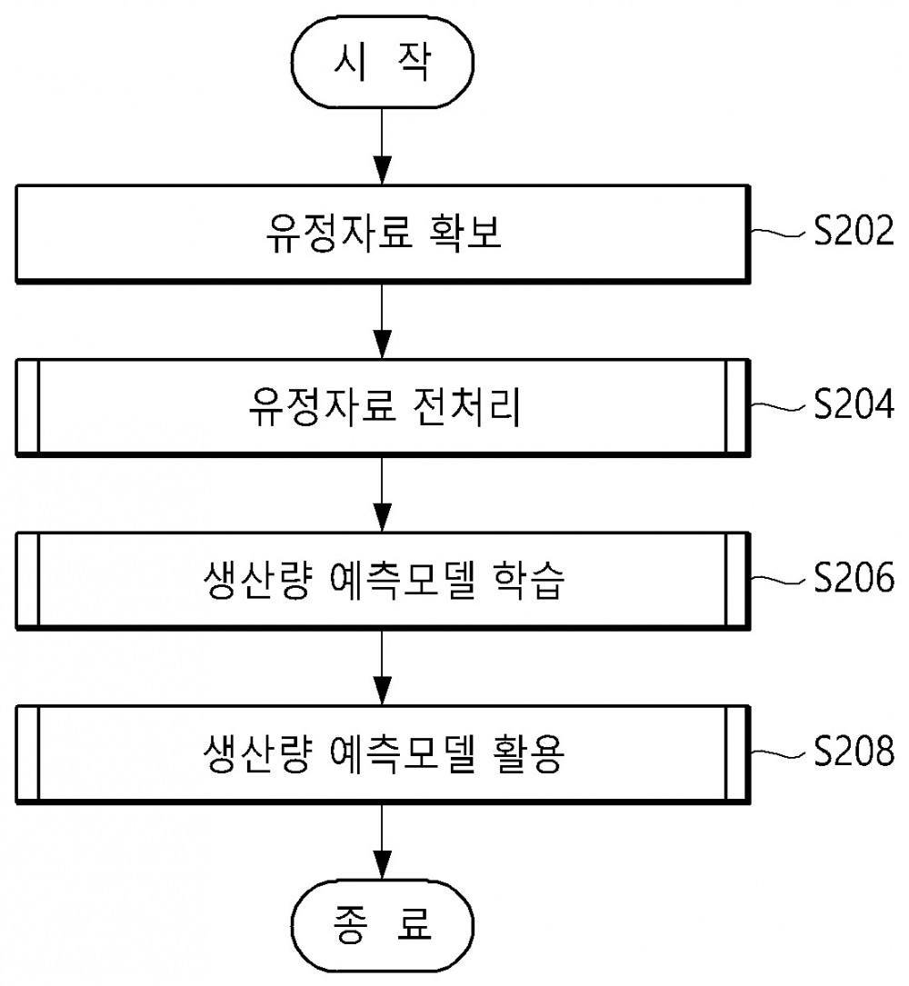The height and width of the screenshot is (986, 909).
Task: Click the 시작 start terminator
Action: click(382, 63)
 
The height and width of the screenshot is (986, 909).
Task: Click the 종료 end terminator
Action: click(382, 925)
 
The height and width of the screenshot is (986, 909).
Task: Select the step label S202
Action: click(853, 231)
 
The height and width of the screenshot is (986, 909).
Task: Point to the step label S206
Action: click(853, 577)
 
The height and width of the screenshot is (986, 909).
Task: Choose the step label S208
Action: click(853, 751)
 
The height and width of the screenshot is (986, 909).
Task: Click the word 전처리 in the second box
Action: click(466, 406)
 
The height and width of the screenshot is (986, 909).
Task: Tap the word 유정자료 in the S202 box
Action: click(338, 233)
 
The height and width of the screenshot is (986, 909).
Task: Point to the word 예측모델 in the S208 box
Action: click(402, 753)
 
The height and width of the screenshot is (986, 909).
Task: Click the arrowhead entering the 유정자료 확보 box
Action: click(382, 170)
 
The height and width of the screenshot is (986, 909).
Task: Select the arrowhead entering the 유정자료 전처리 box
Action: click(382, 344)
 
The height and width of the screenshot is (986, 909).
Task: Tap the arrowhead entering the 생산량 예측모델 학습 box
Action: click(382, 517)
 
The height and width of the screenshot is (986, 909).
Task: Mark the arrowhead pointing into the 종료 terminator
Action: click(382, 864)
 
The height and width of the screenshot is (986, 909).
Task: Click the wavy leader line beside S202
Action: click(778, 234)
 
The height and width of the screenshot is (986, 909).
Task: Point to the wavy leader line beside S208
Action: click(778, 753)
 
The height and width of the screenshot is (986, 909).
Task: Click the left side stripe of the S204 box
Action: click(27, 407)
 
